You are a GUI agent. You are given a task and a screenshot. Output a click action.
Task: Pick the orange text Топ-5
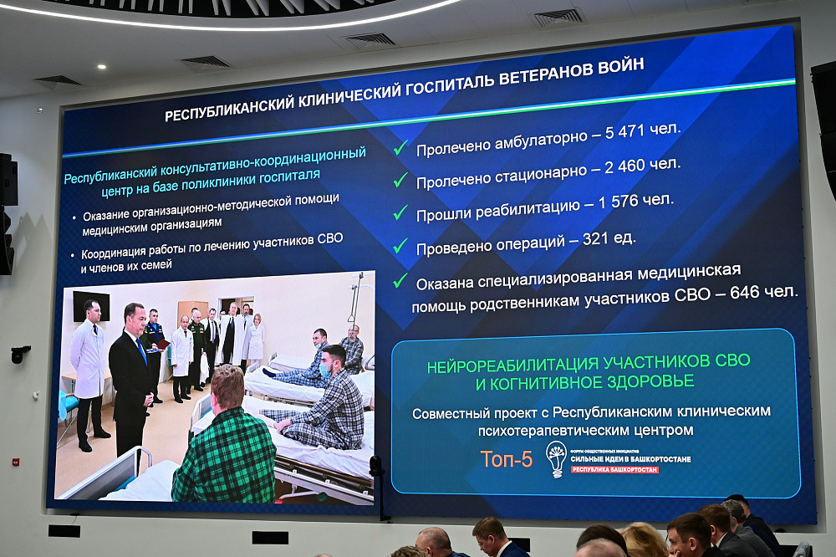506,458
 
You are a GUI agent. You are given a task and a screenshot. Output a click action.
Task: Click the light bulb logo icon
556,459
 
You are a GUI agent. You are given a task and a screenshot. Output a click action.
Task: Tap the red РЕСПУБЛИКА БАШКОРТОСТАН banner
614,470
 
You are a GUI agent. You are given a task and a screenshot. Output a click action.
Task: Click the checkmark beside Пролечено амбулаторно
400,148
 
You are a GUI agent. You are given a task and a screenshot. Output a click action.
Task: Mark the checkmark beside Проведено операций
400,246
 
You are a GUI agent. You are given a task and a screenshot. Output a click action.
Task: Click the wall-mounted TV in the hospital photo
90,305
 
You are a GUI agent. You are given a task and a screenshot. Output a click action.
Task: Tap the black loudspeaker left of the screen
8,179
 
